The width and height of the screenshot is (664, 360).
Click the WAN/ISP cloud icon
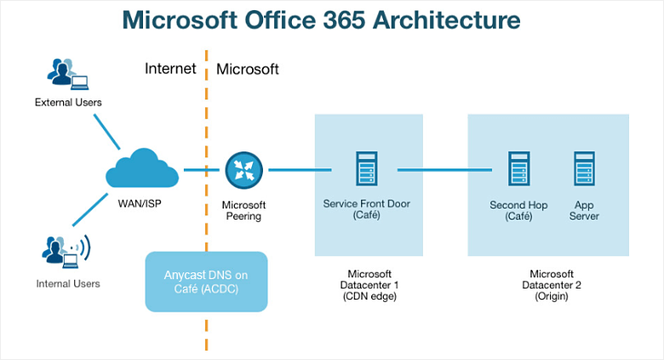[x=142, y=170]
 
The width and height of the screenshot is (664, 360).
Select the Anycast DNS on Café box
[x=206, y=281]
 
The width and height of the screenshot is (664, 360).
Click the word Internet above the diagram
[x=170, y=69]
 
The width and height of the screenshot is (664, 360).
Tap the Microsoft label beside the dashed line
[x=248, y=69]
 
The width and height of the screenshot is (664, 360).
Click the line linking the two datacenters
[x=444, y=170]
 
